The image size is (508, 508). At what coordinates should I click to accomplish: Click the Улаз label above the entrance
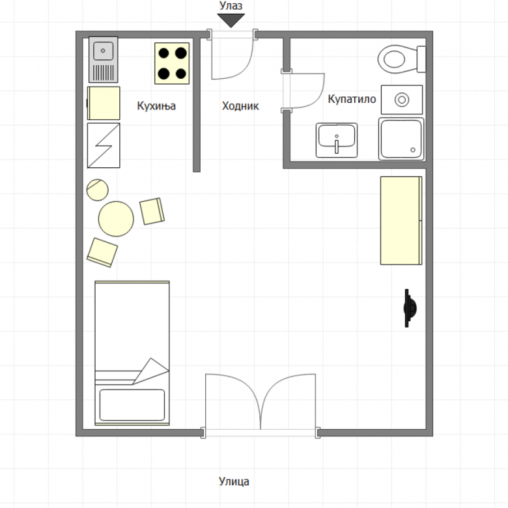[x=231, y=5]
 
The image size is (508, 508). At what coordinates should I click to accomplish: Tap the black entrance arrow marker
[x=231, y=20]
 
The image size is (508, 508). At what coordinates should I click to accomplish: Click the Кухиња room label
[x=156, y=106]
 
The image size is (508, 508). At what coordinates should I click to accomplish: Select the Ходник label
[x=240, y=106]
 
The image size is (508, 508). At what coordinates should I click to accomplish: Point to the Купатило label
[x=352, y=99]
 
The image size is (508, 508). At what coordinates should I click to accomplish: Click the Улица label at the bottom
[x=234, y=481]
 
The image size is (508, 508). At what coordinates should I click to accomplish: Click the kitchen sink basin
[x=104, y=51]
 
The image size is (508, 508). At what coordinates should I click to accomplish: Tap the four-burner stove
[x=172, y=64]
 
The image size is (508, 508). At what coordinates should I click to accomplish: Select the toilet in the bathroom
[x=402, y=59]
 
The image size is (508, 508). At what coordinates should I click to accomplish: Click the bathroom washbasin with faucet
[x=337, y=140]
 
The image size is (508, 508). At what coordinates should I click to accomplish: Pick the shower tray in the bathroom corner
[x=401, y=139]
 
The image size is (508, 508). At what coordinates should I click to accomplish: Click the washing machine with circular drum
[x=402, y=100]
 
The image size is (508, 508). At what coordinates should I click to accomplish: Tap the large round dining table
[x=116, y=219]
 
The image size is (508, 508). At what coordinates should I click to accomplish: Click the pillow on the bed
[x=132, y=405]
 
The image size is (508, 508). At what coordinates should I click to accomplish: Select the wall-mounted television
[x=410, y=308]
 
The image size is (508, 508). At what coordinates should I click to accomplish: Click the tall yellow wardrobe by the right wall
[x=401, y=221]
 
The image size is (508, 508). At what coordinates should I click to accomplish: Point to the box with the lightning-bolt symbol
[x=104, y=145]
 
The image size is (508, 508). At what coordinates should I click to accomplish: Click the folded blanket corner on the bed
[x=151, y=371]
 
